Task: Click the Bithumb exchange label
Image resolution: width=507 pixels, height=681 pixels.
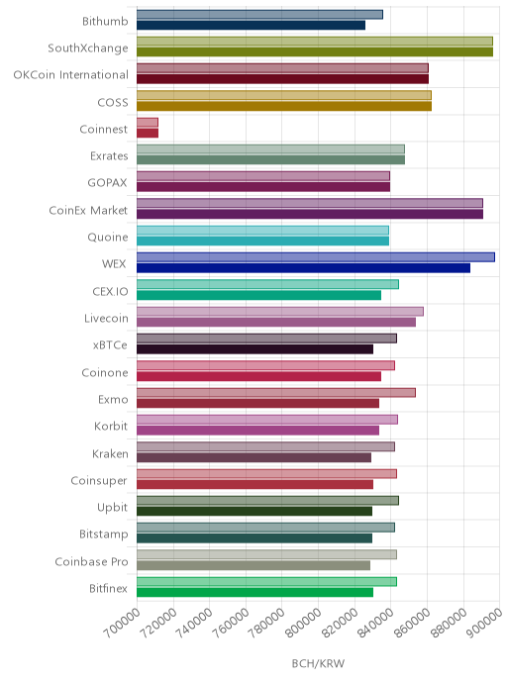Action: pos(105,22)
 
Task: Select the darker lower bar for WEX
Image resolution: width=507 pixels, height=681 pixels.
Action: pos(303,268)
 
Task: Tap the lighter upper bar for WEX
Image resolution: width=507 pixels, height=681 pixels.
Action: pos(316,257)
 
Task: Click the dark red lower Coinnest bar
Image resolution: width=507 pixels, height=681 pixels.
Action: pos(148,133)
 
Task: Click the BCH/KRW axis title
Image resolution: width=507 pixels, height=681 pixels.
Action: pos(318,663)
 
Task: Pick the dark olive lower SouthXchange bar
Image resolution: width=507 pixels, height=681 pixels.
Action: pos(315,51)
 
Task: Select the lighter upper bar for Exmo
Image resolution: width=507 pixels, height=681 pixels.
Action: pos(276,393)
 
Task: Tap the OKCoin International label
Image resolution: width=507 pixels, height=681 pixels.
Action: pos(71,75)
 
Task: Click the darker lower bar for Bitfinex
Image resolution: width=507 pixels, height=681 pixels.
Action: pos(255,592)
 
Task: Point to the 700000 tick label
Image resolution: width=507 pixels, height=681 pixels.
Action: pos(122,623)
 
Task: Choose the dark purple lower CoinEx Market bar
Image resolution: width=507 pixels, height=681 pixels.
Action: pos(310,214)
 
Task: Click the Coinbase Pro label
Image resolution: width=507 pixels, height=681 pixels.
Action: pos(91,562)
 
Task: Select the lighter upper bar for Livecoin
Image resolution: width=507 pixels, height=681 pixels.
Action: pos(280,312)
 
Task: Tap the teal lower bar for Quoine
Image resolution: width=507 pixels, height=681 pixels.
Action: pos(262,242)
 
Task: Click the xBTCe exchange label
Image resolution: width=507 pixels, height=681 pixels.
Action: pos(110,345)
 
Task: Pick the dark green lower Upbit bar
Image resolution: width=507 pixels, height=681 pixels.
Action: pos(254,511)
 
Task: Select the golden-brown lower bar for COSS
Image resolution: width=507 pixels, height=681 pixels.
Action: pos(284,106)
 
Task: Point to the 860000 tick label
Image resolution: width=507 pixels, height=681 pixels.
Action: pos(412,623)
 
